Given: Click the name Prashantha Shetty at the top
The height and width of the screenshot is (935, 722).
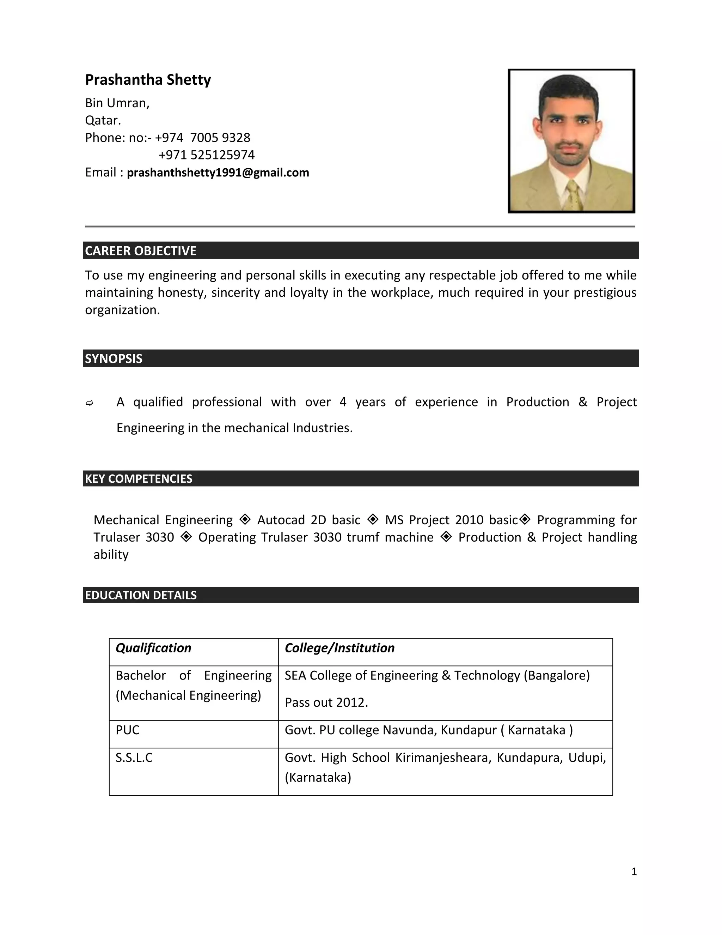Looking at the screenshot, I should click(148, 80).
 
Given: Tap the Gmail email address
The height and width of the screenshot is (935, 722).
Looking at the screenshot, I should click(218, 173).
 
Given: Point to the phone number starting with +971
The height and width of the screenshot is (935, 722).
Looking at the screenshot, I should click(206, 155).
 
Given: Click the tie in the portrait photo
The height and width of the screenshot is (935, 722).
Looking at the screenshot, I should click(573, 195).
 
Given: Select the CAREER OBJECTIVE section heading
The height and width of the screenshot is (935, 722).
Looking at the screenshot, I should click(141, 251).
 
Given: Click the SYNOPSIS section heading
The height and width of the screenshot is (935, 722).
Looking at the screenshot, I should click(114, 359).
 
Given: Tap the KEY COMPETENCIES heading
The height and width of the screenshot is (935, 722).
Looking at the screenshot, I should click(139, 479).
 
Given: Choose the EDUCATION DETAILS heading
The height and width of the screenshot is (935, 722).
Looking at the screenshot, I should click(141, 595).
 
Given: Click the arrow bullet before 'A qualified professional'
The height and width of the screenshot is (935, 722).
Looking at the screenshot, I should click(90, 403).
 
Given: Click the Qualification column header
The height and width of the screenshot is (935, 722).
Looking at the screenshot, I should click(153, 648).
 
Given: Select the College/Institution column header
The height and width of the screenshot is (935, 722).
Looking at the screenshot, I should click(339, 648).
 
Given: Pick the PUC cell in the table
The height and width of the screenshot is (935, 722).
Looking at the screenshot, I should click(128, 730).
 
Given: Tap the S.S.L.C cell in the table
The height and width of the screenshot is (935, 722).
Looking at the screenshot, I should click(134, 758).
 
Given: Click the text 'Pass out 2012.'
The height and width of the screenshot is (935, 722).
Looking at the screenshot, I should click(326, 702).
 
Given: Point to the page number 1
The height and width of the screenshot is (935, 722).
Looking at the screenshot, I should click(634, 871).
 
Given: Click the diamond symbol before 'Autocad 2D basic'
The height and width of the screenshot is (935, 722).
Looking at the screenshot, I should click(245, 519).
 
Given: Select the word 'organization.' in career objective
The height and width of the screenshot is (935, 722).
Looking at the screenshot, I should click(122, 310).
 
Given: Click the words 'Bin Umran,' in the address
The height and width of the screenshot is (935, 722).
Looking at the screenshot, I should click(117, 103).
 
